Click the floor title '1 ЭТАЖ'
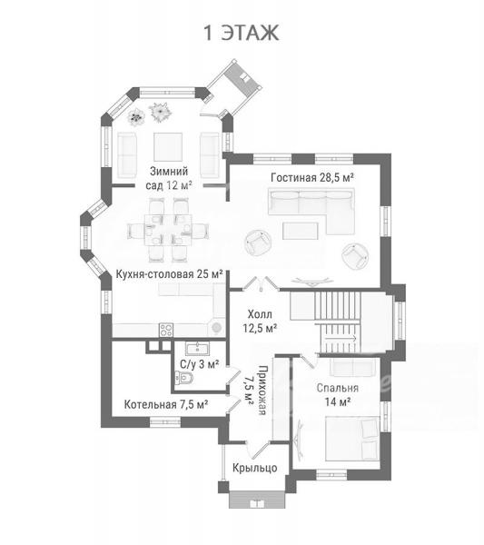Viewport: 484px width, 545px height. pyautogui.click(x=241, y=33)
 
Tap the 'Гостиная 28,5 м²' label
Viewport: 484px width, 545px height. pyautogui.click(x=312, y=178)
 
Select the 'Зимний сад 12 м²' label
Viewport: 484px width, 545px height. pyautogui.click(x=169, y=178)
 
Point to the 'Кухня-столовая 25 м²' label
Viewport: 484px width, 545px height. pyautogui.click(x=169, y=274)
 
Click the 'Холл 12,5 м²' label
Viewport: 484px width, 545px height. pyautogui.click(x=260, y=322)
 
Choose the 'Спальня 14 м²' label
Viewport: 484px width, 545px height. pyautogui.click(x=338, y=395)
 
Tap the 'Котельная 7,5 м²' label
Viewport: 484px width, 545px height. pyautogui.click(x=166, y=404)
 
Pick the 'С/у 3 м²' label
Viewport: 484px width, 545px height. pyautogui.click(x=200, y=364)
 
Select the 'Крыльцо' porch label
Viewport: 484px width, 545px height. pyautogui.click(x=254, y=468)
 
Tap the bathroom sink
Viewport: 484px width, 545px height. pyautogui.click(x=197, y=348)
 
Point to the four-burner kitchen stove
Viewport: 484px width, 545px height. pyautogui.click(x=166, y=330)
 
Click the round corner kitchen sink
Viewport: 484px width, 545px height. pyautogui.click(x=216, y=327)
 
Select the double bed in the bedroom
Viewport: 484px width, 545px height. pyautogui.click(x=352, y=439)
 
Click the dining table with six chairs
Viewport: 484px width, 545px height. pyautogui.click(x=169, y=230)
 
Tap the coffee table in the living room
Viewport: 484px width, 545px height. pyautogui.click(x=301, y=231)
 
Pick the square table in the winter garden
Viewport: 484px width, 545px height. pyautogui.click(x=168, y=146)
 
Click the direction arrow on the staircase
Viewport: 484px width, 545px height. pyautogui.click(x=341, y=338)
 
